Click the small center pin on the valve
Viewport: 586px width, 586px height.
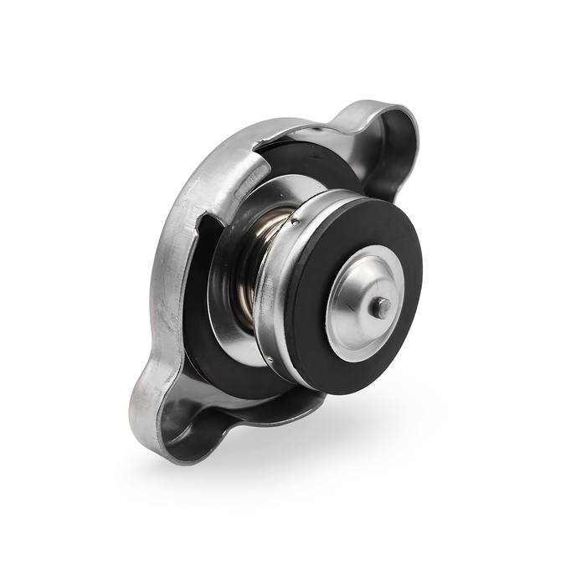pos(382,306)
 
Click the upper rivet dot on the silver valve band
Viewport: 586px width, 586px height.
pos(296,224)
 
